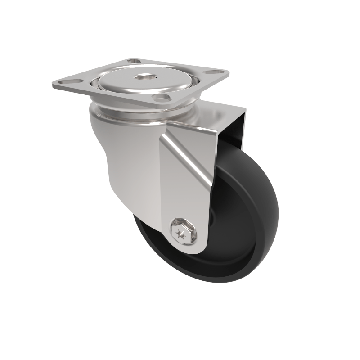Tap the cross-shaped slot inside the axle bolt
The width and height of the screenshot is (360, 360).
pyautogui.click(x=182, y=234)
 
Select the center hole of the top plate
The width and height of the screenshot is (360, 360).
pyautogui.click(x=146, y=78)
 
